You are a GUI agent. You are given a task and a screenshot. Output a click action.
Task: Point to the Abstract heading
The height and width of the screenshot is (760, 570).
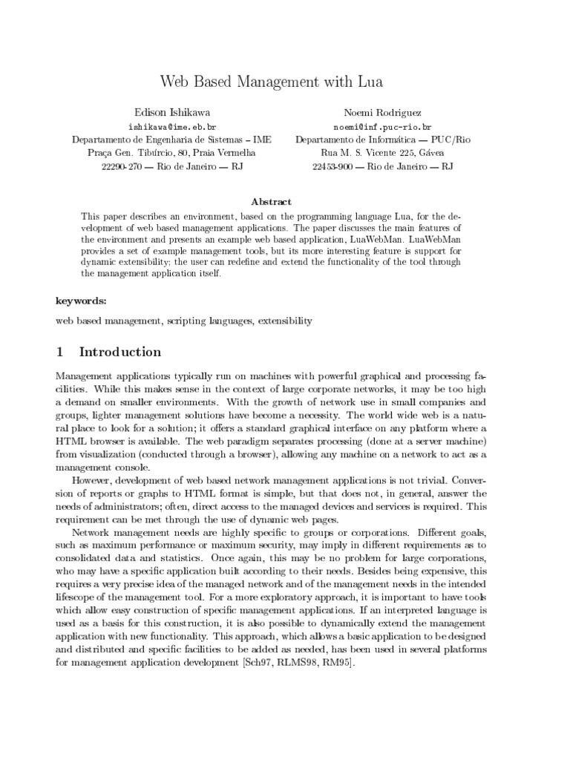click(x=272, y=201)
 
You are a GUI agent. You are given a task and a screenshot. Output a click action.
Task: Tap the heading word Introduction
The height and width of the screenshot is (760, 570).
click(x=119, y=352)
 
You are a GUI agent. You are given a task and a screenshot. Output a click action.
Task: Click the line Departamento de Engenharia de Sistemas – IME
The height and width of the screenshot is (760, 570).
click(x=161, y=140)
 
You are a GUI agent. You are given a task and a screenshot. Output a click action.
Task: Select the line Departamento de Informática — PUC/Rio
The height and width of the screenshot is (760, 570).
click(x=382, y=140)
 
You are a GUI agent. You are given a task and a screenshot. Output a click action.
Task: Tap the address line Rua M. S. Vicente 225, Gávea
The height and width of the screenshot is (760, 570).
click(x=382, y=152)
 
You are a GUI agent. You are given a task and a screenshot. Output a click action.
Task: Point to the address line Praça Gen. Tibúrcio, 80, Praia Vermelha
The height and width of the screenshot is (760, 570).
click(x=161, y=152)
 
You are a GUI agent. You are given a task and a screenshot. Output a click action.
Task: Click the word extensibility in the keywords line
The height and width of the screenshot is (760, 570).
click(x=286, y=321)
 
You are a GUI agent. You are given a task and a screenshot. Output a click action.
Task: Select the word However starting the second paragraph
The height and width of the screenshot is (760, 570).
click(x=92, y=479)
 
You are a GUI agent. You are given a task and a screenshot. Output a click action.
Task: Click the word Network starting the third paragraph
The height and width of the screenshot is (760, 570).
click(x=91, y=533)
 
